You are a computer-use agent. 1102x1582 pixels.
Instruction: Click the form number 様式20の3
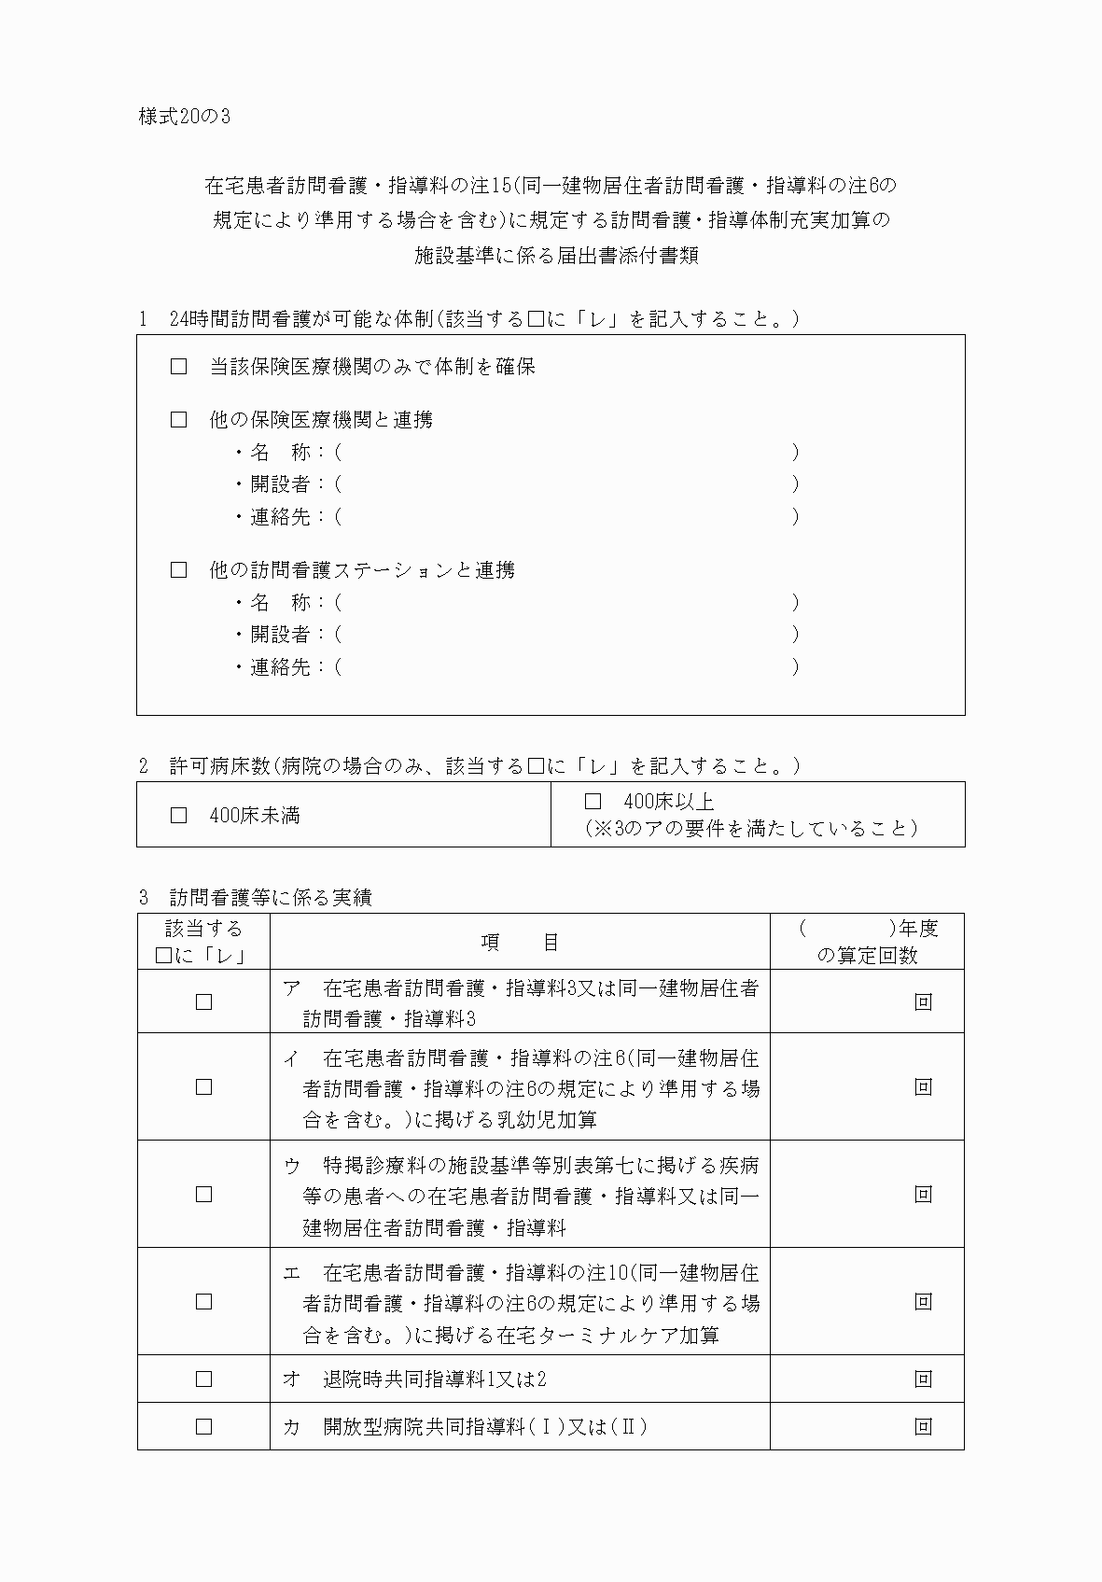tap(184, 117)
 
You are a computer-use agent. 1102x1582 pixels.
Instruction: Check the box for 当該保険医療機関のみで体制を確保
tap(179, 367)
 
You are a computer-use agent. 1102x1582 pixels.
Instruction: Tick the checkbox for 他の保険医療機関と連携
tap(179, 420)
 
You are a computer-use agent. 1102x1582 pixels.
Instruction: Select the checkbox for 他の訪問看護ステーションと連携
tap(179, 570)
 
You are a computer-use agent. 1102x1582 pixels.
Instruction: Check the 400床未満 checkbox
tap(179, 816)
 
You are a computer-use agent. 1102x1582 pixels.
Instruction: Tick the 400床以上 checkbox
tap(593, 801)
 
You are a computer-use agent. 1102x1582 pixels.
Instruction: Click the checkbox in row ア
tap(203, 1002)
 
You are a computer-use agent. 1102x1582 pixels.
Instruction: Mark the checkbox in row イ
tap(203, 1087)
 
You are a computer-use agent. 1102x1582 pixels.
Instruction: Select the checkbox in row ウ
tap(203, 1195)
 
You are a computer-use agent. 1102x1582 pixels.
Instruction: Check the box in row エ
tap(203, 1302)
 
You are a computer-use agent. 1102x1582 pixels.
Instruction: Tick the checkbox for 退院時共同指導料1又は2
tap(203, 1379)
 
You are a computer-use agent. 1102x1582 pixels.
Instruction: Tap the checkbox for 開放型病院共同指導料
tap(203, 1427)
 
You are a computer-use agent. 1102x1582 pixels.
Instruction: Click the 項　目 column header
tap(520, 943)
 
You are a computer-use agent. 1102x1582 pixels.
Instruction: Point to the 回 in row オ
tap(923, 1379)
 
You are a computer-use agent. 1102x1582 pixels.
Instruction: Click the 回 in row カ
tap(923, 1427)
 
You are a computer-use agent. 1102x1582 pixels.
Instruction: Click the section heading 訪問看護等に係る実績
tap(271, 898)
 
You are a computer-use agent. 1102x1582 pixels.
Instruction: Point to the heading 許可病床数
tap(220, 766)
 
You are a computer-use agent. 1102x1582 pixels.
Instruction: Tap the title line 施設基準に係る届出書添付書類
tap(556, 256)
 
